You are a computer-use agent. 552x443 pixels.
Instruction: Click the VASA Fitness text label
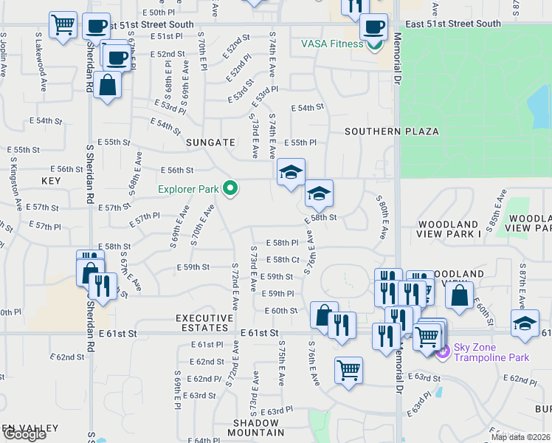(x=331, y=44)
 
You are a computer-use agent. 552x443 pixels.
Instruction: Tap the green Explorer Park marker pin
(x=230, y=190)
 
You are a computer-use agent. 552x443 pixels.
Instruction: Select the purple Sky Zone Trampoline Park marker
(x=443, y=352)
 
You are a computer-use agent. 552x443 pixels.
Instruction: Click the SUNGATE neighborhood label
(x=210, y=142)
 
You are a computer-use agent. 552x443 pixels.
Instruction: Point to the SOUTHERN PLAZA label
(x=391, y=131)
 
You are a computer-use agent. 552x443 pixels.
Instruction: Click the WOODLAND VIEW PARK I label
(x=449, y=228)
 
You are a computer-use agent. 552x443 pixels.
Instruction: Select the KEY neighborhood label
(x=51, y=181)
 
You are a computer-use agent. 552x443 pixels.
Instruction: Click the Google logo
(x=24, y=434)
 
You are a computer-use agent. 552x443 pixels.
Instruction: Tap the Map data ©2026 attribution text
(x=520, y=437)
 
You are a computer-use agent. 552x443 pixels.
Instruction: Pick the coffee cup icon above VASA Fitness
(x=373, y=28)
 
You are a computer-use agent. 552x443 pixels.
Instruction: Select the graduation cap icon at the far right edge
(x=525, y=324)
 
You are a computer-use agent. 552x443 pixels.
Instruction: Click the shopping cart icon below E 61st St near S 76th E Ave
(x=348, y=369)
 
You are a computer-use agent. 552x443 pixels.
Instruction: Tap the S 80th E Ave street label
(x=381, y=217)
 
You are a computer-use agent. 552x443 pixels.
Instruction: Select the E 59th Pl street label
(x=278, y=294)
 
